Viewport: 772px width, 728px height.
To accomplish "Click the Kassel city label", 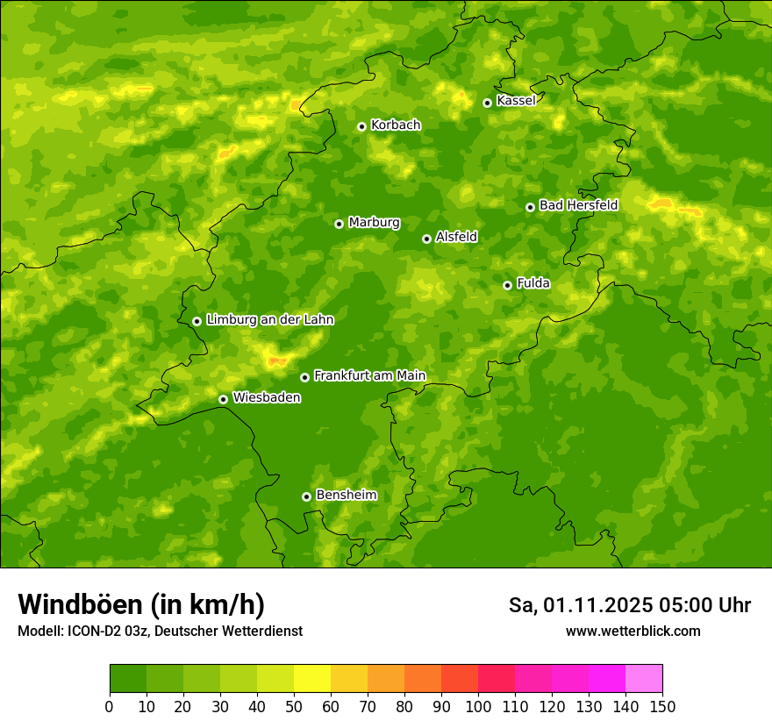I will pyautogui.click(x=516, y=101).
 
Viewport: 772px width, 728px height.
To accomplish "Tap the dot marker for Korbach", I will pyautogui.click(x=361, y=126).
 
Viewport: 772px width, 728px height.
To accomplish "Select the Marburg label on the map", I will pyautogui.click(x=374, y=223).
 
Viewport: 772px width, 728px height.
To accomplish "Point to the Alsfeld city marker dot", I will pyautogui.click(x=426, y=239).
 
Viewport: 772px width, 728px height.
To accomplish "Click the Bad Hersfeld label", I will pyautogui.click(x=578, y=205).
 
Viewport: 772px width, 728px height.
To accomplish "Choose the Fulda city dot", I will pyautogui.click(x=507, y=285).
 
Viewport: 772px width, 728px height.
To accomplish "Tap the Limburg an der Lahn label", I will pyautogui.click(x=269, y=320).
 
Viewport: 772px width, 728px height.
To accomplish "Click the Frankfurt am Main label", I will pyautogui.click(x=369, y=376).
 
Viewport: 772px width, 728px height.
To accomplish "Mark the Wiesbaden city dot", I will pyautogui.click(x=223, y=399).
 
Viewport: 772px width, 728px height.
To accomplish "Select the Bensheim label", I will pyautogui.click(x=346, y=496).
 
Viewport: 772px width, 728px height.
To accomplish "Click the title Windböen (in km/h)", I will pyautogui.click(x=141, y=604).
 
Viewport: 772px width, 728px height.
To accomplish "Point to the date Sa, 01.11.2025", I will pyautogui.click(x=580, y=605).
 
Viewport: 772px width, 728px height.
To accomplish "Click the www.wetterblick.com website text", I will pyautogui.click(x=633, y=631).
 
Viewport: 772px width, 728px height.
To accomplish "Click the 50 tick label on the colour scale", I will pyautogui.click(x=294, y=706).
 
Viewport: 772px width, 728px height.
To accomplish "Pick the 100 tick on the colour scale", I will pyautogui.click(x=478, y=706).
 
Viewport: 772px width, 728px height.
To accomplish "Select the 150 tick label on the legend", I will pyautogui.click(x=662, y=706).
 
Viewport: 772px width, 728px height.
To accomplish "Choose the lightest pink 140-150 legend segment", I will pyautogui.click(x=644, y=679).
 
